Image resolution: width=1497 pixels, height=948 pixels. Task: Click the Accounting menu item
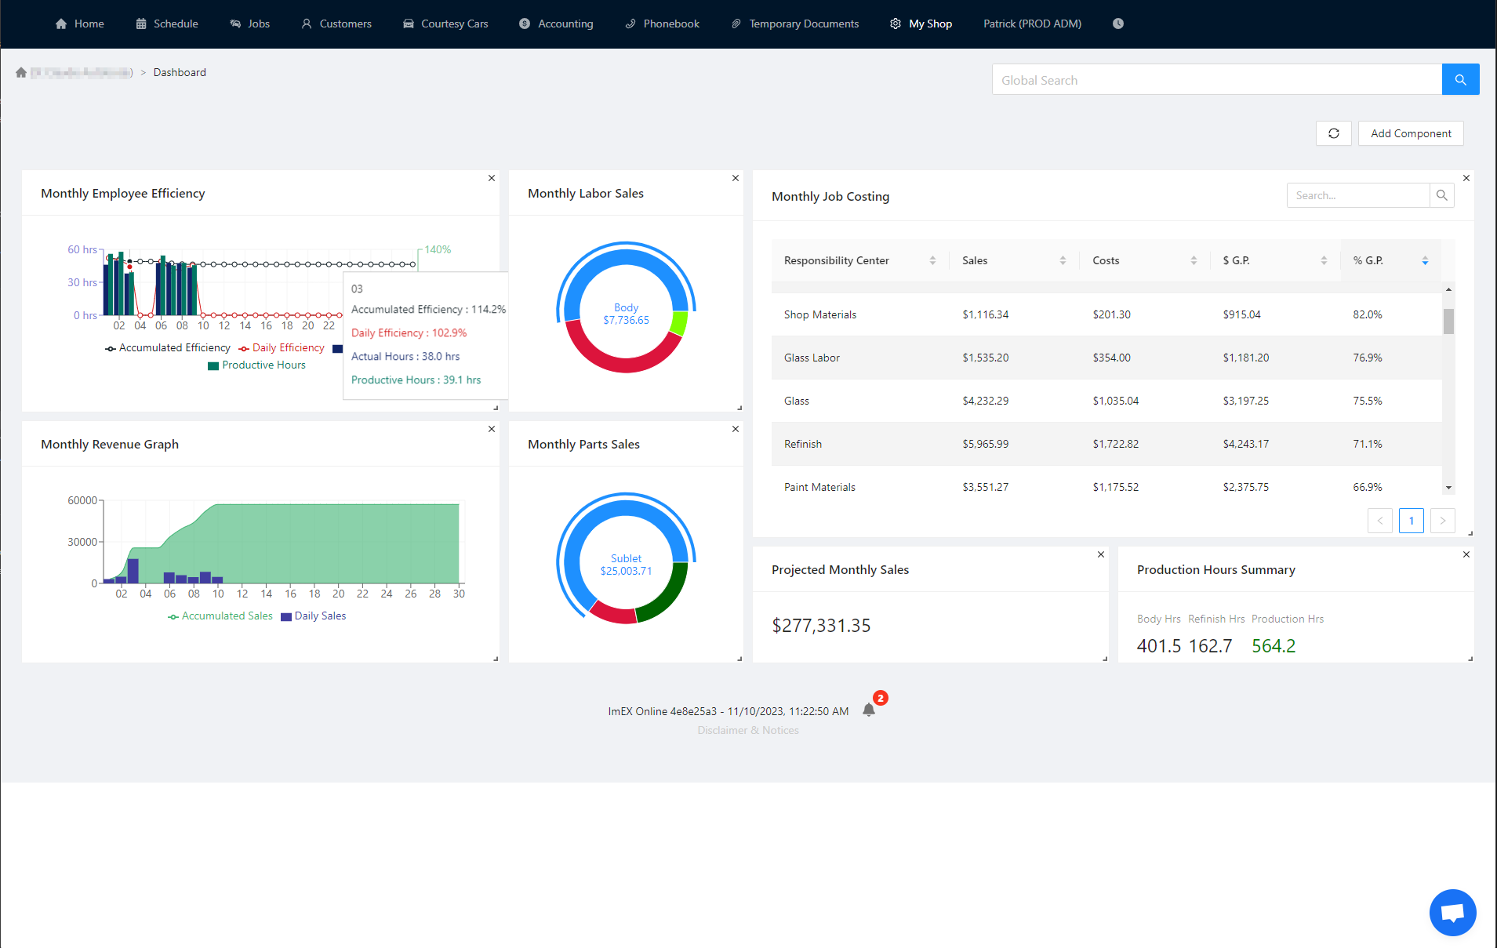[556, 24]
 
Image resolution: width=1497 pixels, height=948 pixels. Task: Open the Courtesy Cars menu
[445, 24]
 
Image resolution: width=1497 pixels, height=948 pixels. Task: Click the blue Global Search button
[1460, 79]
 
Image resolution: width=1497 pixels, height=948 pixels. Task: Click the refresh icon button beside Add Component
[1333, 133]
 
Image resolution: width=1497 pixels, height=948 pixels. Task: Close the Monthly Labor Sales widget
[736, 178]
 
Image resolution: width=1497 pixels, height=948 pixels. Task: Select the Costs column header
[1106, 260]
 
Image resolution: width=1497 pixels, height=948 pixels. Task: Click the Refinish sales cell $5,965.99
[985, 444]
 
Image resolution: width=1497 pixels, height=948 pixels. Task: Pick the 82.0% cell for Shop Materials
[1367, 314]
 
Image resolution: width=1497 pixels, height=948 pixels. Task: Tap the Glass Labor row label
[812, 358]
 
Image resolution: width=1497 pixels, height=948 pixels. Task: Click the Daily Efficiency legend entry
[287, 347]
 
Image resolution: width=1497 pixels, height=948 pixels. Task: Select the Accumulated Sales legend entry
[227, 616]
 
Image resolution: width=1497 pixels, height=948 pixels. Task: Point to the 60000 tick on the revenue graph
[82, 500]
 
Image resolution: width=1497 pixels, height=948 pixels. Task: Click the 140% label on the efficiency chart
[438, 249]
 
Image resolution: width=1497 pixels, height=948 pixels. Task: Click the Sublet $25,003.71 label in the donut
[626, 565]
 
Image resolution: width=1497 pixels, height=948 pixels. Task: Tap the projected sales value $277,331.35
[821, 625]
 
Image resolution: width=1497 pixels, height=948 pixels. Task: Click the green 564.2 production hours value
[1274, 645]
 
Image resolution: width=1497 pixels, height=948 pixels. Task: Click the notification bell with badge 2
[869, 710]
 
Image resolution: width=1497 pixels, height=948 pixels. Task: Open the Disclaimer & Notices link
[748, 730]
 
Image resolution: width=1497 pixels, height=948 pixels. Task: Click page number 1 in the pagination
[1411, 521]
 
